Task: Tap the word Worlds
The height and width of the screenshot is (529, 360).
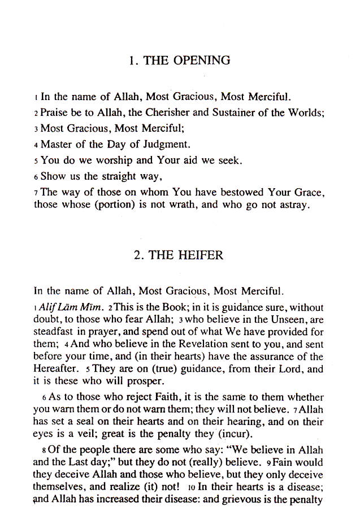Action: pyautogui.click(x=305, y=112)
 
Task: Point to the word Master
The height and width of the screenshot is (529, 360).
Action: pyautogui.click(x=56, y=144)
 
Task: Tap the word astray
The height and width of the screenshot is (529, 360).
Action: pyautogui.click(x=294, y=205)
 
